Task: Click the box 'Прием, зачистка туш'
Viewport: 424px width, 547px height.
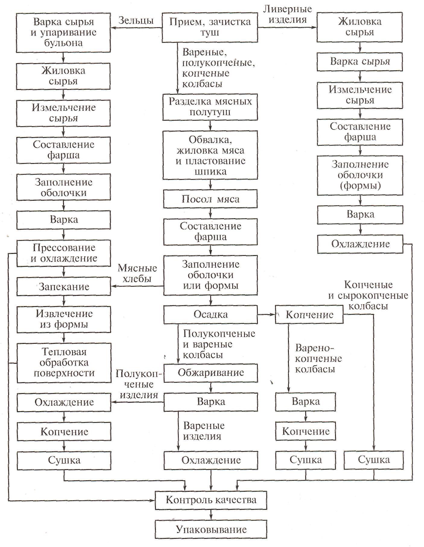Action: coord(210,27)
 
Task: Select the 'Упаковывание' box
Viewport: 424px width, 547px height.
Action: coord(211,529)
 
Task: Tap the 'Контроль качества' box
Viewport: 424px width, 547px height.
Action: coord(211,500)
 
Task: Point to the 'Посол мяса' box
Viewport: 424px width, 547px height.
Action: coord(210,199)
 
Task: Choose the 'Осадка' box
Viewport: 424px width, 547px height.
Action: coord(210,315)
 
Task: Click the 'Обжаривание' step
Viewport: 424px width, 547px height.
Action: coord(210,373)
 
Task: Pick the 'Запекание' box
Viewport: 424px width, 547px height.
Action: coord(64,286)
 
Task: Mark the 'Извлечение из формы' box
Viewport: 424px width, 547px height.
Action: coord(64,319)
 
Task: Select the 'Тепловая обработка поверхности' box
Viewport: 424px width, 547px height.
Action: coord(64,362)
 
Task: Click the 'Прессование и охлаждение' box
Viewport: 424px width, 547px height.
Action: coord(64,253)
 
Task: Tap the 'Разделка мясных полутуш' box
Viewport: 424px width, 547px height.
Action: coord(210,107)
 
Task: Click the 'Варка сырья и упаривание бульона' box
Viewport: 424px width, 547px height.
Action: coord(64,32)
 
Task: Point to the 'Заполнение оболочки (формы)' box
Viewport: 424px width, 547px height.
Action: coord(360,175)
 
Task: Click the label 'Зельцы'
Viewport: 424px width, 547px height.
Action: coord(136,21)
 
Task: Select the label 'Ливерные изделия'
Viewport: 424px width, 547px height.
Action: coord(287,14)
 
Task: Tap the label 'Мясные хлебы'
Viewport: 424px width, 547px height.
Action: coord(137,273)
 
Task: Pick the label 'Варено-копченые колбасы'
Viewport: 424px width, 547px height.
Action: coord(318,359)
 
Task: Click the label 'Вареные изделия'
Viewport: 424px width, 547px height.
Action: coord(204,431)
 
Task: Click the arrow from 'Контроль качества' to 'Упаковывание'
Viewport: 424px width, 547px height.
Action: coord(211,514)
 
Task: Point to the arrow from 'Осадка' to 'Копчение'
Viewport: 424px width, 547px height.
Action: coord(266,315)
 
